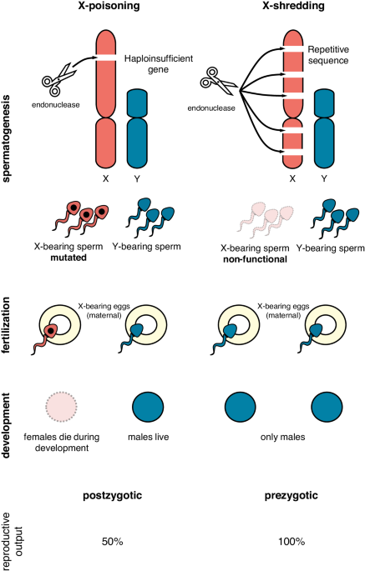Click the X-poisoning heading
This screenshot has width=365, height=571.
tap(109, 6)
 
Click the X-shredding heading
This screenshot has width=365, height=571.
tap(293, 6)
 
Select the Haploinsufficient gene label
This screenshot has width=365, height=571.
tap(159, 63)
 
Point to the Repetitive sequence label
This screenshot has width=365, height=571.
tap(328, 55)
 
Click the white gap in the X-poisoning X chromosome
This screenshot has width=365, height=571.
tap(106, 58)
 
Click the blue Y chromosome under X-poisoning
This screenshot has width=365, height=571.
tap(137, 128)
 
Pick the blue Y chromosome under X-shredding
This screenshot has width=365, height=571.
tap(324, 128)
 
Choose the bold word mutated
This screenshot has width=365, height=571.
tap(68, 258)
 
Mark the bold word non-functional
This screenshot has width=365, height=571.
tap(255, 259)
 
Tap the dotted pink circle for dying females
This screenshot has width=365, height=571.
tap(61, 407)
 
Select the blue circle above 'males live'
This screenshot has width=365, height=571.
tap(148, 407)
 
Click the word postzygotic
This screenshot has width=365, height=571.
tap(113, 496)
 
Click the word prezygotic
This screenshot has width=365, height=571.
tap(291, 496)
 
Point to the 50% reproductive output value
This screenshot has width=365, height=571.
tap(113, 542)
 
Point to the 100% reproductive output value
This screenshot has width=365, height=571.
tap(291, 542)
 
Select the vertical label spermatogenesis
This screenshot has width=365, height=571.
tap(6, 138)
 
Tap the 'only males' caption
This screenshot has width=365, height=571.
tap(282, 437)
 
